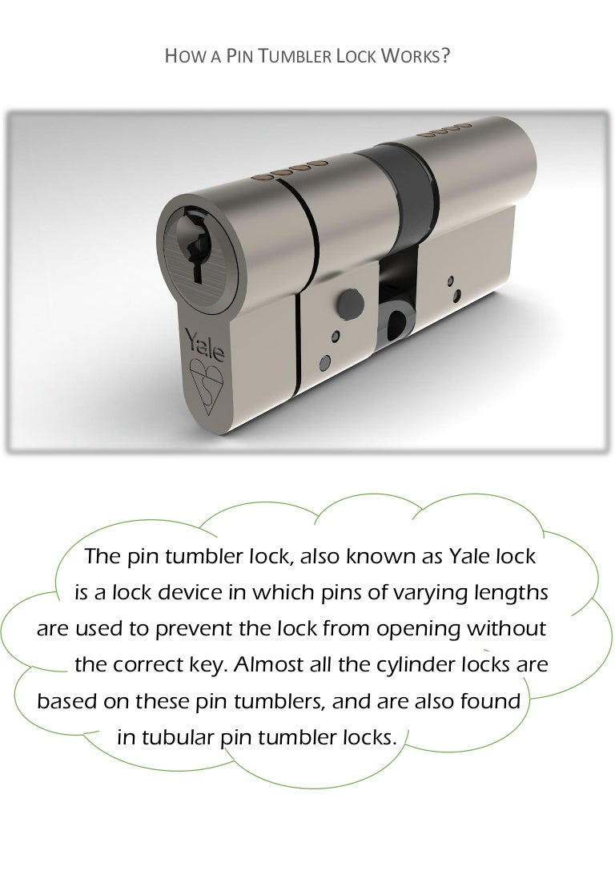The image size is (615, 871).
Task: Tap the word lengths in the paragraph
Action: click(510, 593)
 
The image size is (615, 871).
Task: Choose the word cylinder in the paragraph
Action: click(411, 665)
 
